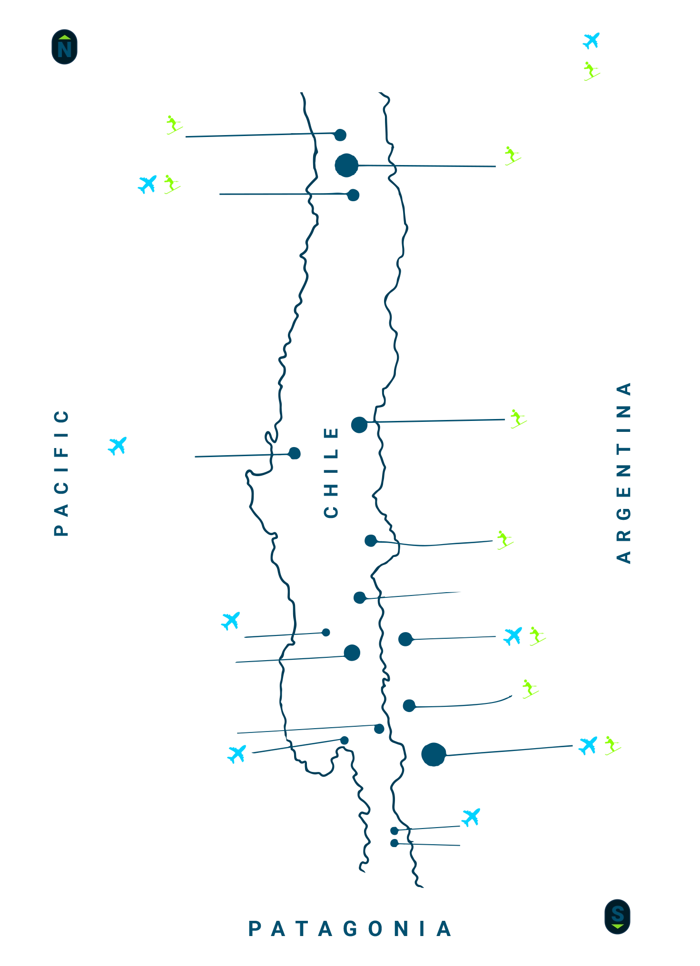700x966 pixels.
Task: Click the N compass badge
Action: [x=64, y=47]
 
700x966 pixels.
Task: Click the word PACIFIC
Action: [x=61, y=474]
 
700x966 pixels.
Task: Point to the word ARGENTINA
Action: [x=622, y=473]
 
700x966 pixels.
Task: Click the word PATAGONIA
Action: [x=350, y=928]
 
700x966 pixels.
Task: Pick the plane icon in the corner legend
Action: [x=592, y=40]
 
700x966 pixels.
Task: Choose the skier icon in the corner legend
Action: [x=591, y=71]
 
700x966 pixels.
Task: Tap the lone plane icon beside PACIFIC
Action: [x=118, y=445]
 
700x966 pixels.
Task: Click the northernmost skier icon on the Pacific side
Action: [x=174, y=126]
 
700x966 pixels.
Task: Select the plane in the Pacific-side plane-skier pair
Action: [x=148, y=184]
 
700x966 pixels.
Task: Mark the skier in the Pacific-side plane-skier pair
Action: [x=172, y=184]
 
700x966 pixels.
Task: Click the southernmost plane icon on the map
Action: [x=471, y=817]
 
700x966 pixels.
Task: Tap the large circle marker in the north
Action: [x=346, y=166]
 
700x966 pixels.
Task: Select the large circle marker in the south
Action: [x=433, y=754]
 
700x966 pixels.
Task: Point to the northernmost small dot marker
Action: [x=339, y=135]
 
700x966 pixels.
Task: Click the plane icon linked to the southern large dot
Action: [x=588, y=745]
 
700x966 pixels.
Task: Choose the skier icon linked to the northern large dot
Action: [x=512, y=156]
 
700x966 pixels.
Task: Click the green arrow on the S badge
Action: [x=617, y=926]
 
